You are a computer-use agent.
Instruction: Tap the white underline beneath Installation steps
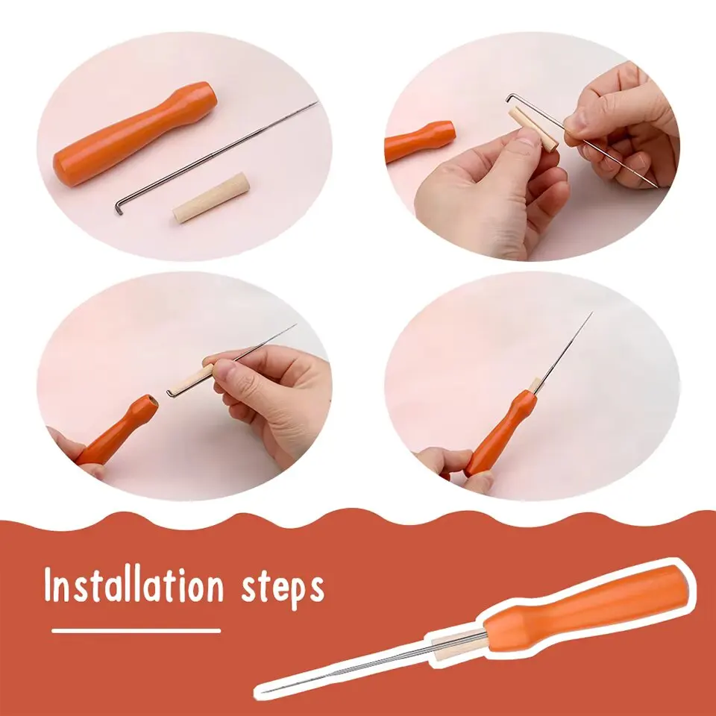pos(136,630)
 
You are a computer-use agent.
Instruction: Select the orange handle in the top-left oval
pos(134,134)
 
